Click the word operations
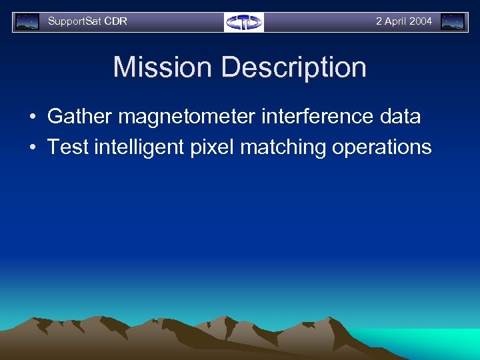[381, 147]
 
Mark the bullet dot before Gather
[32, 117]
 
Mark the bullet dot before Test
[32, 147]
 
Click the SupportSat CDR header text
[87, 21]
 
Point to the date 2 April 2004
[403, 21]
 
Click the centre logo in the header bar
[244, 22]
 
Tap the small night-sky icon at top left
[27, 22]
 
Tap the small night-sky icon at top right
[453, 22]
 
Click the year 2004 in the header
[421, 21]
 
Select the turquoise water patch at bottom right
[433, 340]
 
